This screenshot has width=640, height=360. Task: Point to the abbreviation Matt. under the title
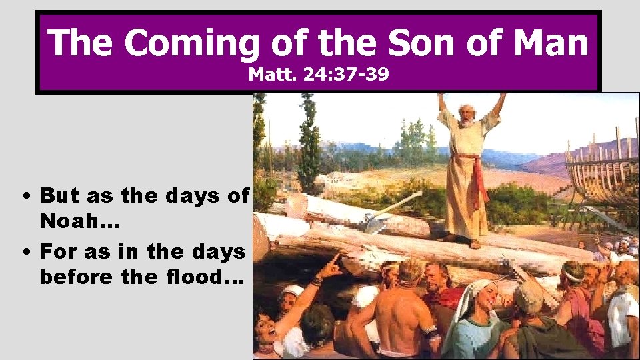click(270, 75)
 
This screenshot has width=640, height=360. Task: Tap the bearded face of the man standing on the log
click(467, 117)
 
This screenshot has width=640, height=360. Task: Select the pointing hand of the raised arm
click(331, 264)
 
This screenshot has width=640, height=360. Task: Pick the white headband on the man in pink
click(573, 273)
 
